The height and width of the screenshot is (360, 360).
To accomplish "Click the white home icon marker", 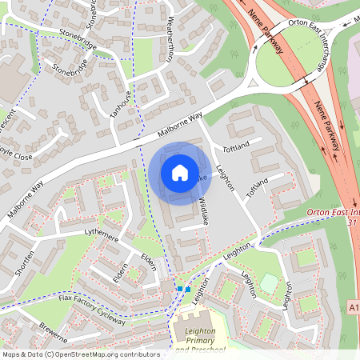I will coord(179,173).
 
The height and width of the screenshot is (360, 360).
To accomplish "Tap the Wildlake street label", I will coord(203,210).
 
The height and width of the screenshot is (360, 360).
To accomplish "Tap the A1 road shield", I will coord(354,306).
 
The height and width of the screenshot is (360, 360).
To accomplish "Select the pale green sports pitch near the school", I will coord(270,283).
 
